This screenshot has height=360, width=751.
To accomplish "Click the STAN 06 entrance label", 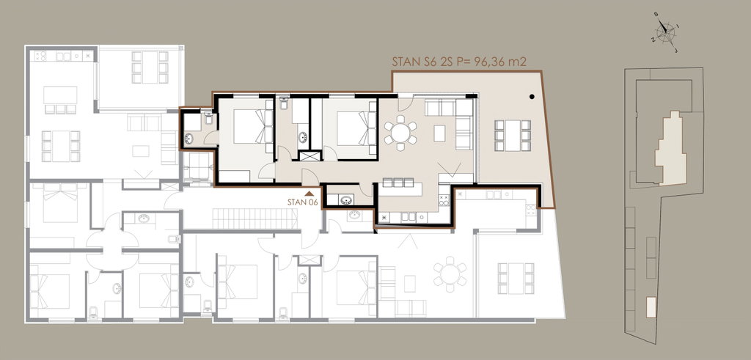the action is tap(303, 202).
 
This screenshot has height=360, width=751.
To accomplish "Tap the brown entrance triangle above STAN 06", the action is tap(309, 194).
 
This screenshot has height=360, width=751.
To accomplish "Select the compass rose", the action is tap(665, 32).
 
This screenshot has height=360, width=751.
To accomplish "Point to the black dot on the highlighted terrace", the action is tap(532, 97).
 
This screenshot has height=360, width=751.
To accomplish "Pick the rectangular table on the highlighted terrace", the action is tap(513, 136).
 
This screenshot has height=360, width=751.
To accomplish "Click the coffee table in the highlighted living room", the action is tap(440, 133).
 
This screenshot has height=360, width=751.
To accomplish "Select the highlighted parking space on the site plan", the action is tap(651, 307).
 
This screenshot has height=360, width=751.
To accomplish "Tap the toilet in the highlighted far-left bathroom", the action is tap(208, 118).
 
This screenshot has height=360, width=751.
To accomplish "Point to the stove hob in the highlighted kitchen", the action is tap(444, 201).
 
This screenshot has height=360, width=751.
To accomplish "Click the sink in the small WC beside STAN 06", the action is tap(345, 200).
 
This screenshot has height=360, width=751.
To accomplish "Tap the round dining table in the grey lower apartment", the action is tap(450, 274).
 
